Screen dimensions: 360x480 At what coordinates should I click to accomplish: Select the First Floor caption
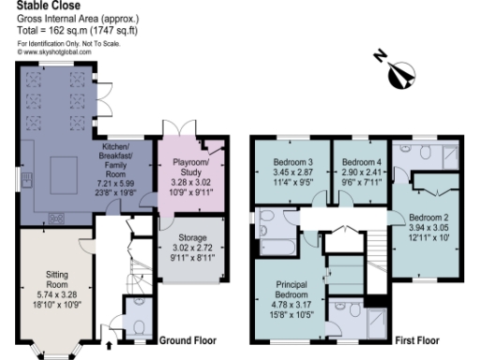418,339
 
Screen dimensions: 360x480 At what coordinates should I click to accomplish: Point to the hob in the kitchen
57,219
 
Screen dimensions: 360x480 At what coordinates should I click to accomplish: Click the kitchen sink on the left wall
27,176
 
